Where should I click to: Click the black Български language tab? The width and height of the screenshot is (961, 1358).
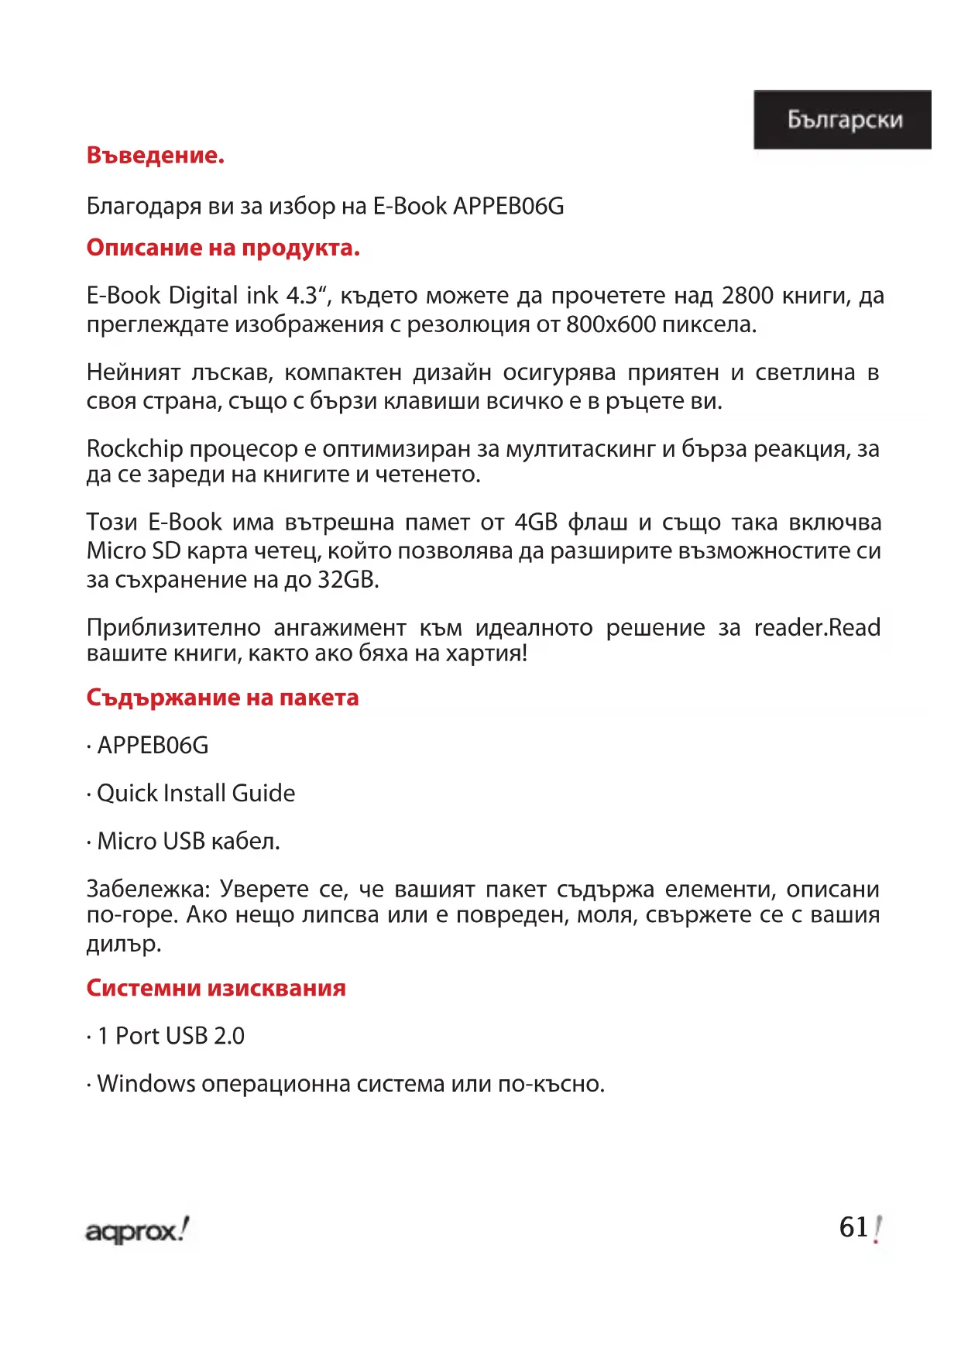coord(842,119)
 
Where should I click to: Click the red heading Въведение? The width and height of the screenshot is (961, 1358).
coord(155,156)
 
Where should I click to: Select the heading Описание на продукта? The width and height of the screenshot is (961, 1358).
coord(223,248)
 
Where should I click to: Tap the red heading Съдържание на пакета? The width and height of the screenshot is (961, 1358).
coord(222,698)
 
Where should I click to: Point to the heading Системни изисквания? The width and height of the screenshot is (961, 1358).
coord(216,988)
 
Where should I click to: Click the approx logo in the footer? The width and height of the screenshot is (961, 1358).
coord(136,1229)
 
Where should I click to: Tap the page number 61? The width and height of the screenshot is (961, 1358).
coord(854,1227)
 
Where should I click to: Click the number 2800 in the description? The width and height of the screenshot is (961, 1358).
coord(746,296)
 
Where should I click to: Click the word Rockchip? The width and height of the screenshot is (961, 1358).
coord(135,449)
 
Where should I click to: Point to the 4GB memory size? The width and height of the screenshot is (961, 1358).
coord(536,523)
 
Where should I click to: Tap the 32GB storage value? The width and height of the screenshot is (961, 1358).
coord(347,580)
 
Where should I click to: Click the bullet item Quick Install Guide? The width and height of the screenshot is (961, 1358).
coord(195,794)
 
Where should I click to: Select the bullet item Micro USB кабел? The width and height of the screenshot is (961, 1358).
coord(188,842)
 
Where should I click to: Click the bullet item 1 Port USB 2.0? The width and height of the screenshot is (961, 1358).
coord(170,1036)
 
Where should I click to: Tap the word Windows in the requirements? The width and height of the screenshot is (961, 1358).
coord(146,1084)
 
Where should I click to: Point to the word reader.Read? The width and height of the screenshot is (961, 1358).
coord(817,627)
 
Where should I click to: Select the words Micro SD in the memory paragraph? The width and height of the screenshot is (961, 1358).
coord(133,551)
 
